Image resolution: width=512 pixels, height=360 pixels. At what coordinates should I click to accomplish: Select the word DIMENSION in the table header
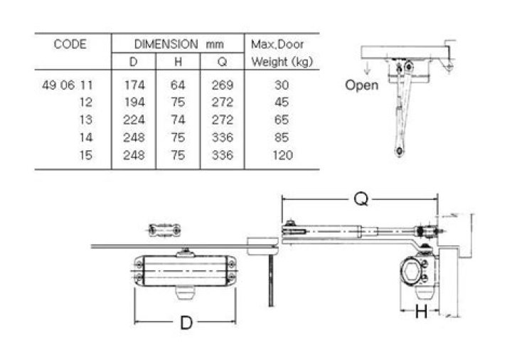pos(166,44)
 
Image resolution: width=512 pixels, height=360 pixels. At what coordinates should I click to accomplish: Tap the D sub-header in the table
pos(133,62)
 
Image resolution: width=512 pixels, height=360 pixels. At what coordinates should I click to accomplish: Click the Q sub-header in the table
pos(222,62)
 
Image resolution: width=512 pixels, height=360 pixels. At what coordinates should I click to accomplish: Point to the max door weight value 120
pos(282,155)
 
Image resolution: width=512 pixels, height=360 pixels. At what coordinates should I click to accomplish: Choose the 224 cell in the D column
pos(134,120)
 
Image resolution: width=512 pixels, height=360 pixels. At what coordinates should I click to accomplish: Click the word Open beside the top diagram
pos(361,85)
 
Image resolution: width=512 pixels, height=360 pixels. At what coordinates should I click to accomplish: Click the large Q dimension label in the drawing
pos(361,201)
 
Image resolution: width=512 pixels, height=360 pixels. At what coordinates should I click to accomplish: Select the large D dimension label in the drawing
pos(186,322)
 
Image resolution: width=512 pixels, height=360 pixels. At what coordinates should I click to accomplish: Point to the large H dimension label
pos(421,310)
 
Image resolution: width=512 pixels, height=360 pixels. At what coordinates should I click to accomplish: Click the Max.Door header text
pos(277,44)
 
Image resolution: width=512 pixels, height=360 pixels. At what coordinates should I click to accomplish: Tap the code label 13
pos(87,120)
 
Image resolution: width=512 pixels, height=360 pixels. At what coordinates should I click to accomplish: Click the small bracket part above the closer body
pos(165,229)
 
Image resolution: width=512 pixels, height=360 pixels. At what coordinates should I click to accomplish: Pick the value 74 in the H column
pos(178,120)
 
